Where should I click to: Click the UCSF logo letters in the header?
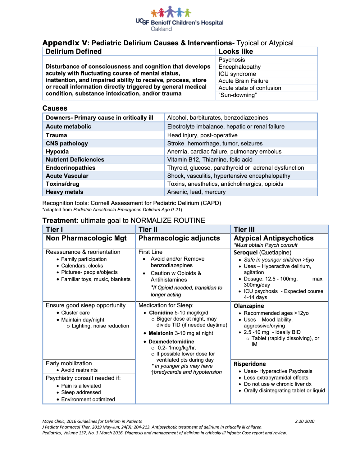point(142,21)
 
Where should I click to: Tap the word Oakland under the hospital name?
point(161,29)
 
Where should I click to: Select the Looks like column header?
point(236,52)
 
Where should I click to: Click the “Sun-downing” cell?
point(238,95)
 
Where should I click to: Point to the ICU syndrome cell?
point(237,74)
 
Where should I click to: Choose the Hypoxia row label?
point(57,152)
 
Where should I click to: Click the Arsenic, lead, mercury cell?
point(196,192)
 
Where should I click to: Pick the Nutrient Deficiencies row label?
point(75,160)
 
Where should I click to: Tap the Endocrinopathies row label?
point(71,168)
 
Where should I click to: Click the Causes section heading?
point(55,108)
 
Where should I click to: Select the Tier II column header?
point(148,230)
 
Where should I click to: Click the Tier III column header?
point(244,230)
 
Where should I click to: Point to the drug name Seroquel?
point(246,253)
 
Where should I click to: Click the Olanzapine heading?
point(249,306)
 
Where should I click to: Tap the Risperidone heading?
point(250,364)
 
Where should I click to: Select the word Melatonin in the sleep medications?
point(161,333)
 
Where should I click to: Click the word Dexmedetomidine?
point(171,342)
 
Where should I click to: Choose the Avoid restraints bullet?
point(79,370)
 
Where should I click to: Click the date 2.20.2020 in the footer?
point(305,422)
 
